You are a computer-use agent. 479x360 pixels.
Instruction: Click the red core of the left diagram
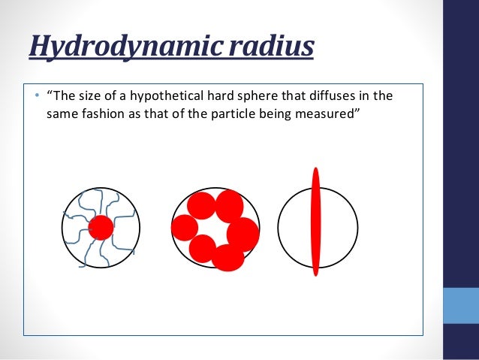101,227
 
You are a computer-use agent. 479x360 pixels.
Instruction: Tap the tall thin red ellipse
316,222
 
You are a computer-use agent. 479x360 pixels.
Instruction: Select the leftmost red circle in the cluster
184,227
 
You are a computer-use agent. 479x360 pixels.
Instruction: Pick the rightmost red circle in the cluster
243,234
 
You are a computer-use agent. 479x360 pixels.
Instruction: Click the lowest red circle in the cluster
228,257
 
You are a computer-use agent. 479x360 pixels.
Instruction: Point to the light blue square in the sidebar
461,307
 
